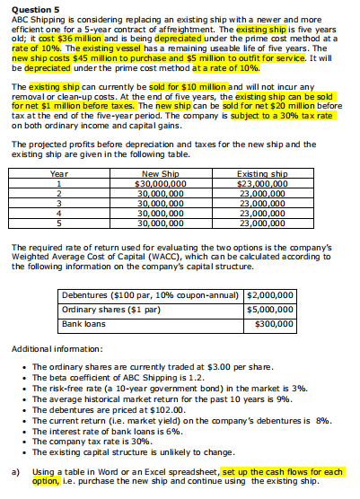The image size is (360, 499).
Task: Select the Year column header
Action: [59, 173]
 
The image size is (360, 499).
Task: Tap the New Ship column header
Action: [160, 173]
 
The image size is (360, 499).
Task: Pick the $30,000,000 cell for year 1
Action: [160, 183]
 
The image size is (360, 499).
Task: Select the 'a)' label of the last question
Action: [14, 470]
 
